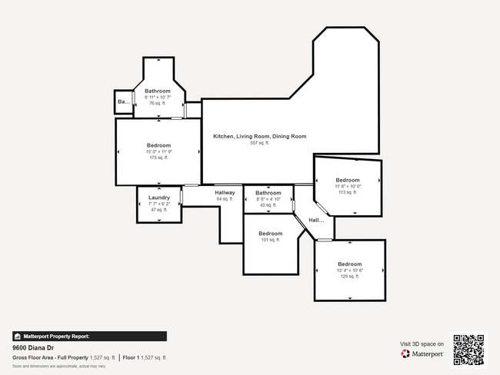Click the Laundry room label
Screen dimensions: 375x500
coord(159,197)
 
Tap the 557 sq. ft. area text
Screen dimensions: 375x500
coord(259,143)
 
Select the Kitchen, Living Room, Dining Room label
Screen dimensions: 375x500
coord(259,136)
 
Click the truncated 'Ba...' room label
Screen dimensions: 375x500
coord(123,101)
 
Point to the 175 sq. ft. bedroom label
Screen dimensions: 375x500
coord(158,145)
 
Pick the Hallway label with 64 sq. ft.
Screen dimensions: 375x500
coord(225,193)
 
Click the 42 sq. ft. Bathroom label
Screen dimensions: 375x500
coord(268,193)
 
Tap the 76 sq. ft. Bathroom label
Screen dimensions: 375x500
coord(158,91)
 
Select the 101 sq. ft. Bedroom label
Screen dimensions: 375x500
coord(270,234)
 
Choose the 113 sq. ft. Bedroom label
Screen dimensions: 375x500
coord(347,180)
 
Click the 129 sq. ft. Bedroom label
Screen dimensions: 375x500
coord(349,264)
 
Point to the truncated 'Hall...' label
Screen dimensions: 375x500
coord(316,221)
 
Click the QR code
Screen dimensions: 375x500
coord(468,350)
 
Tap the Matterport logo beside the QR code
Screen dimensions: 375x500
coord(422,354)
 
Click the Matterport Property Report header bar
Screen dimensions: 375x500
coord(89,336)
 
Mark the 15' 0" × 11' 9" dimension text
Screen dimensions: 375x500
coord(158,152)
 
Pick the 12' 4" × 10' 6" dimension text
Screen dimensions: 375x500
coord(349,270)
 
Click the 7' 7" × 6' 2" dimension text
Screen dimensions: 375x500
coord(159,204)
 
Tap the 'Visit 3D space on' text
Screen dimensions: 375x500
coord(422,343)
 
